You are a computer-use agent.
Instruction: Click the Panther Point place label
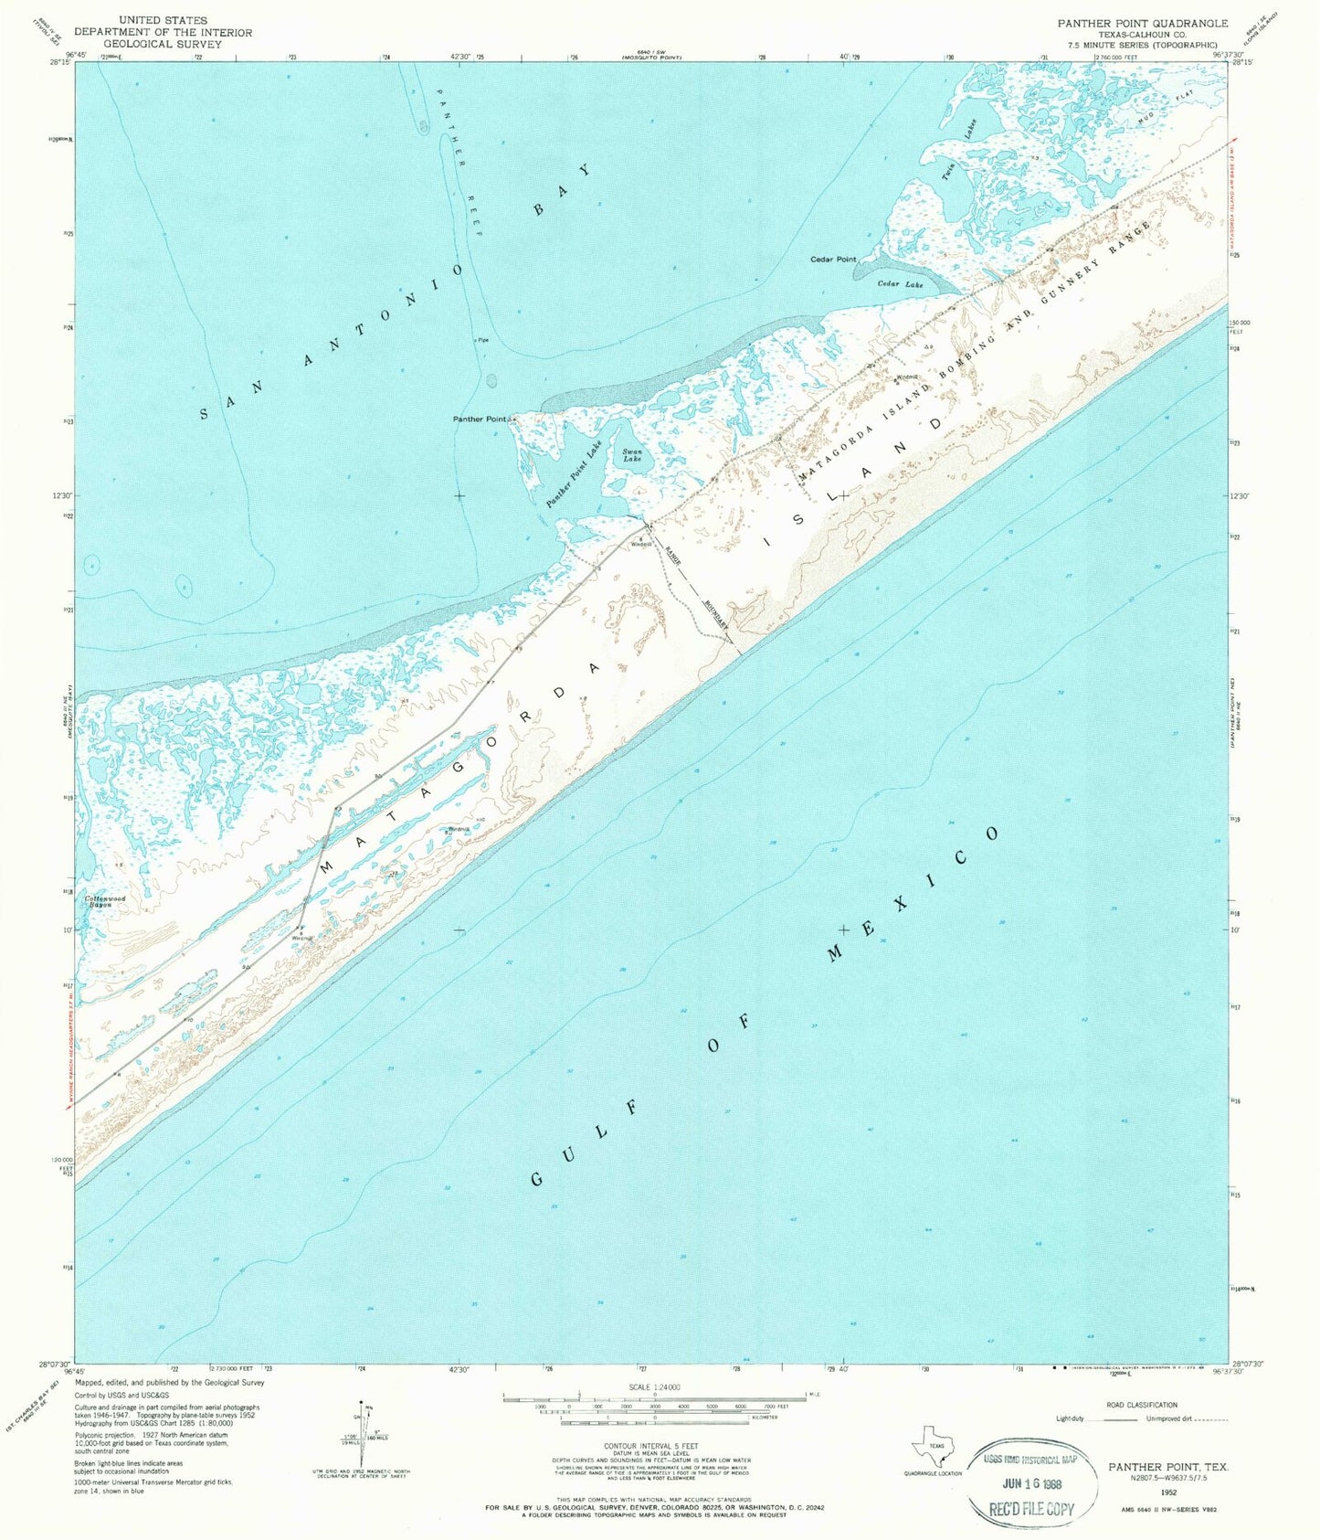[x=480, y=419]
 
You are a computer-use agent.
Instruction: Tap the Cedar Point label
[x=833, y=260]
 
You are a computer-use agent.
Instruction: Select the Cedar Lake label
[x=901, y=284]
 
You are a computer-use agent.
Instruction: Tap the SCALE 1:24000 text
[x=654, y=1387]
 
